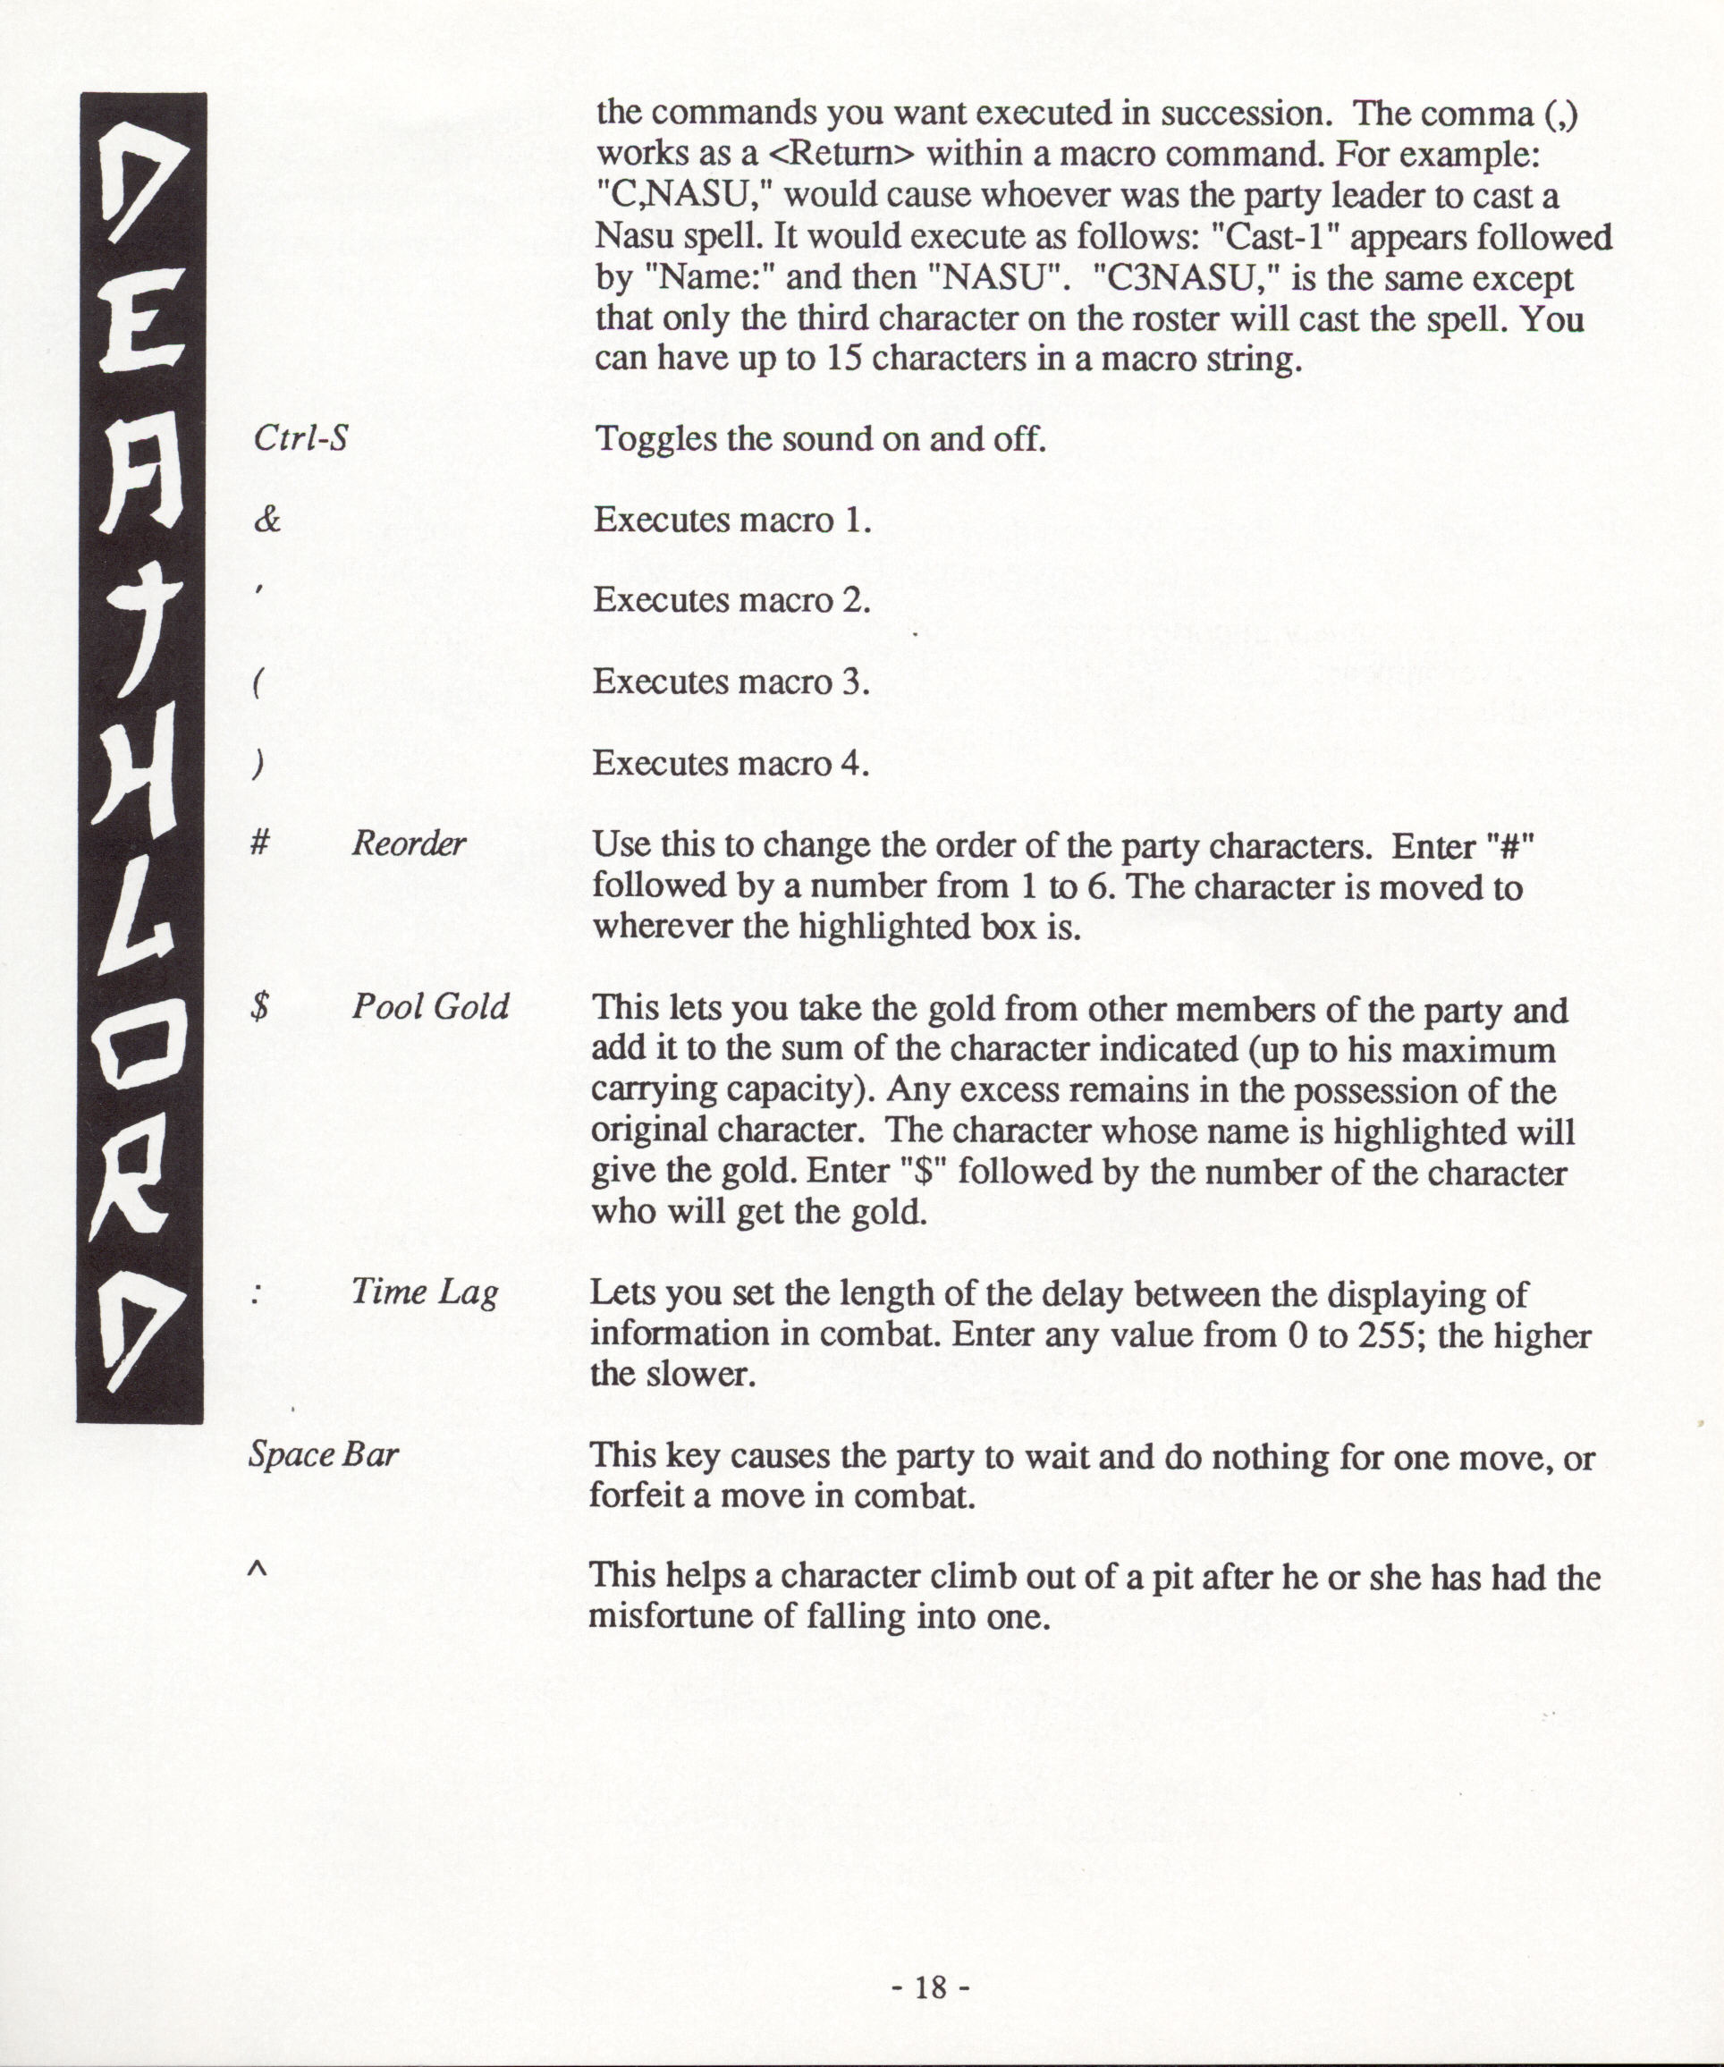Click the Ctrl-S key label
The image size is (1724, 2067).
(x=300, y=438)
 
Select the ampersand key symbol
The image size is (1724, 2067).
(x=266, y=520)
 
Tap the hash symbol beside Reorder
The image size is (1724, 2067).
(x=260, y=843)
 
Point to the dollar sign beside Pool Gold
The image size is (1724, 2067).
(x=260, y=1007)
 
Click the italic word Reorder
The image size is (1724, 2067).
(x=409, y=843)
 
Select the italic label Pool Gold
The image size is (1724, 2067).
(x=430, y=1007)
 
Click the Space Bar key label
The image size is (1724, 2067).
(x=324, y=1455)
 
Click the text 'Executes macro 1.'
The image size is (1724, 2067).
(x=732, y=520)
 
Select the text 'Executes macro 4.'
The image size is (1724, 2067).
(x=731, y=763)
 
